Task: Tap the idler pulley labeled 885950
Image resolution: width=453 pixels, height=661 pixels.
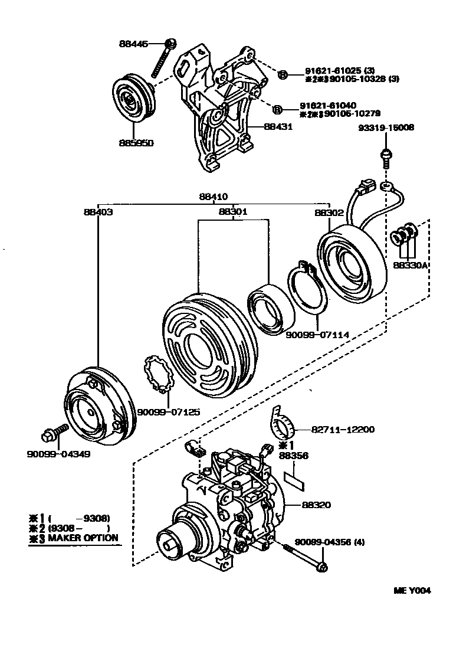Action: [133, 99]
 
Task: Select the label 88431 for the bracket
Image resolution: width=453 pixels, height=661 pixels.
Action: [278, 126]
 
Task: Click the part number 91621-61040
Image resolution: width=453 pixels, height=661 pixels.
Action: [333, 103]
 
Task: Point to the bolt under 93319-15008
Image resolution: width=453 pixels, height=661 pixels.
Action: [385, 158]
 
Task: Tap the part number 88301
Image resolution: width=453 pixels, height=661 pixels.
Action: [233, 212]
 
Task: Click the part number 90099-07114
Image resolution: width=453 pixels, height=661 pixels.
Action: [317, 335]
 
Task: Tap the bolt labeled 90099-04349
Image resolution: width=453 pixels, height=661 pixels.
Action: [49, 437]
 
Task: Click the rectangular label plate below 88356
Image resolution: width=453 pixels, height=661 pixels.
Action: [296, 476]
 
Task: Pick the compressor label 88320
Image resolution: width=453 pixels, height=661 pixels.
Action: [317, 505]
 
